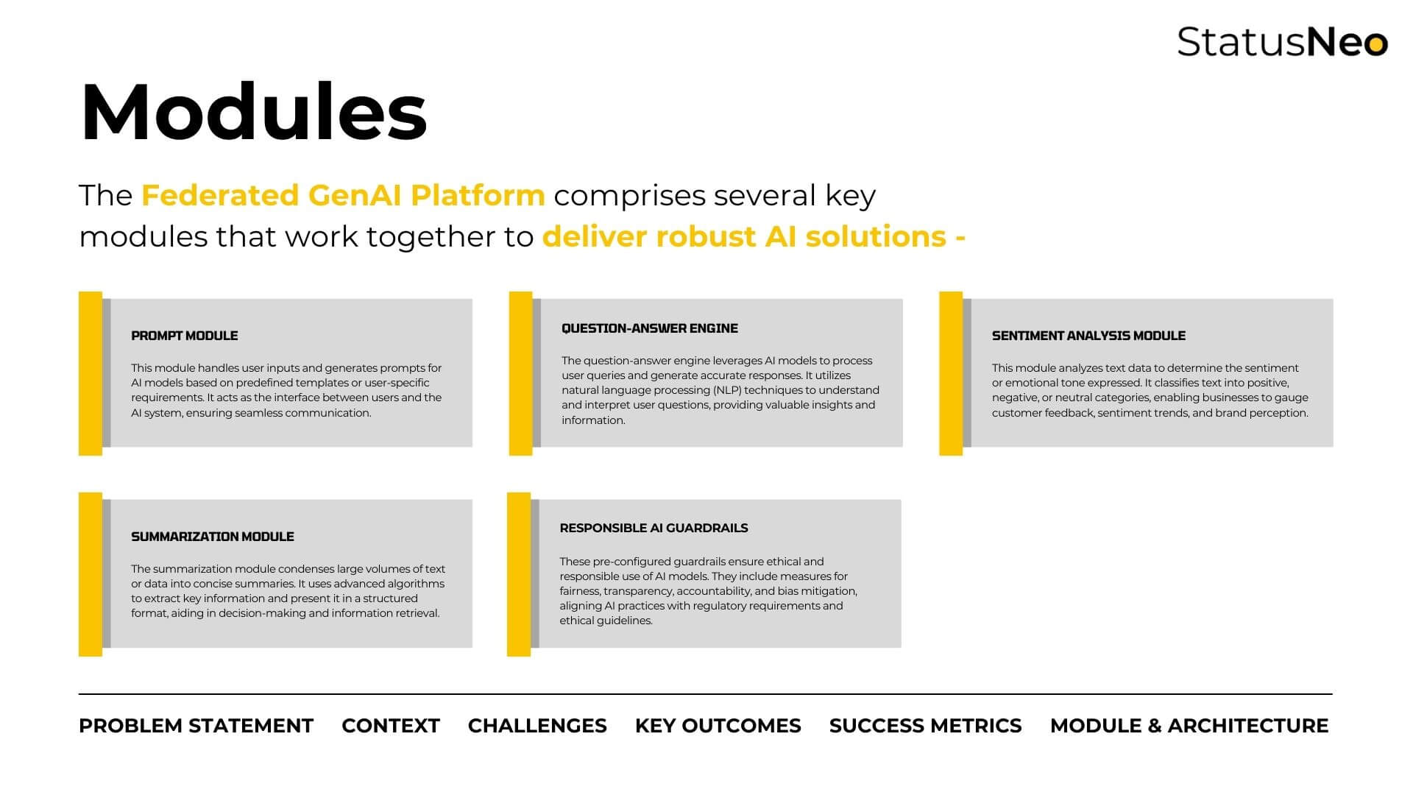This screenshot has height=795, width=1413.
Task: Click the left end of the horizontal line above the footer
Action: (x=79, y=694)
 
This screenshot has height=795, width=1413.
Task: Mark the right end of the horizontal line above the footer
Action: (x=1333, y=694)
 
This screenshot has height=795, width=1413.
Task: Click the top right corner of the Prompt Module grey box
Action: (x=472, y=299)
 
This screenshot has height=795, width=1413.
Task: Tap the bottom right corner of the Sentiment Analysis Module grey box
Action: (x=1334, y=447)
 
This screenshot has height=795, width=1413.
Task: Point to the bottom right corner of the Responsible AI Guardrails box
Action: (x=902, y=648)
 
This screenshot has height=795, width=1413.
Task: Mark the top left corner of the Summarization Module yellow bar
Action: (x=79, y=492)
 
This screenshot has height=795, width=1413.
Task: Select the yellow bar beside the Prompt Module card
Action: (x=91, y=373)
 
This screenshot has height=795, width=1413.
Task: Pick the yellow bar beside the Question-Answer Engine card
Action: (x=520, y=373)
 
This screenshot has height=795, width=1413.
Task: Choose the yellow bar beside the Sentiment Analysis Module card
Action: (x=951, y=373)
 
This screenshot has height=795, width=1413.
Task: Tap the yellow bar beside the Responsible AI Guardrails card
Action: (x=519, y=574)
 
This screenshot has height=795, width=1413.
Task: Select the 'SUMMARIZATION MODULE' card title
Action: (x=213, y=537)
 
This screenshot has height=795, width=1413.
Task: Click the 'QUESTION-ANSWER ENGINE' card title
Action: (x=650, y=328)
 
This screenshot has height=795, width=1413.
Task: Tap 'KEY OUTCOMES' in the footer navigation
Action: (x=718, y=726)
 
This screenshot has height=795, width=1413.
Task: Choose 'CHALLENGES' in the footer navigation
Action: (x=537, y=726)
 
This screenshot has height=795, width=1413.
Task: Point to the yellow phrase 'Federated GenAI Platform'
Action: (x=343, y=196)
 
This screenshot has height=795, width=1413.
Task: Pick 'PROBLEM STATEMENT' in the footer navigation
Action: (x=196, y=726)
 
